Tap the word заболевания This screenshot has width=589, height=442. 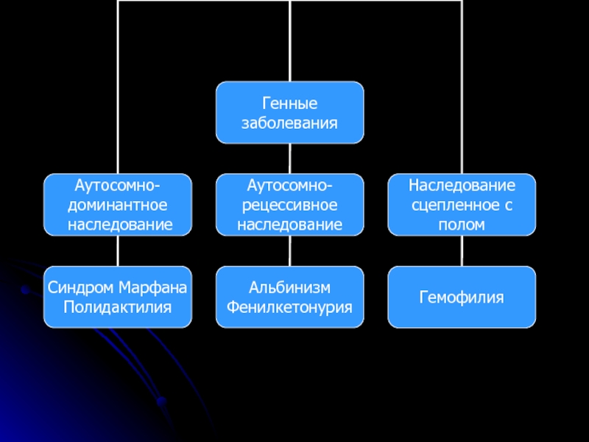coord(289,122)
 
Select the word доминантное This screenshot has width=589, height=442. coord(118,204)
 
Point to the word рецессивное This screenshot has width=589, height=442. coord(289,204)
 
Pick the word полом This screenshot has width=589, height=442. coord(462,223)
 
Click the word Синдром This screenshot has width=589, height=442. coord(78,287)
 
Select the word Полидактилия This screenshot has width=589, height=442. coord(118,305)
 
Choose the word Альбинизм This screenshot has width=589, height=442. coord(289,287)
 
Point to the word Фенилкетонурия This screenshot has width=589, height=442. coord(289,305)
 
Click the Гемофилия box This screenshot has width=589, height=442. coord(462,297)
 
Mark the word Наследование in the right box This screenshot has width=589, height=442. coord(462,185)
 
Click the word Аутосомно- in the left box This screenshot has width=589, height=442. coord(118,185)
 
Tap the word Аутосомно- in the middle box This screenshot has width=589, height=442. coord(289,185)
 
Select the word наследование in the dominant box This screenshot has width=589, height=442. coord(118,223)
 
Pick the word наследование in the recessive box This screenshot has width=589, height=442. coord(289,223)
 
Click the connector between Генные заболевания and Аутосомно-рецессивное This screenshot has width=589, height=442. coord(289,158)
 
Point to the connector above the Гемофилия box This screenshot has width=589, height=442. coord(462,251)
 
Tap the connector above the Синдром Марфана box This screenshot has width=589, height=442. coord(118,251)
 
